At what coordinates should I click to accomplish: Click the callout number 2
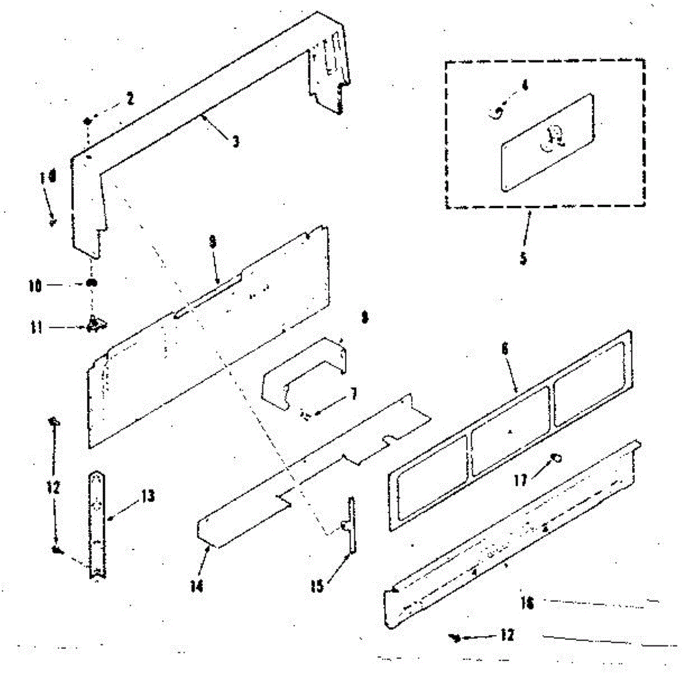[130, 99]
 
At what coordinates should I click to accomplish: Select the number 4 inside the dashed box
[525, 86]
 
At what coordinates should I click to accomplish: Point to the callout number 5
[523, 258]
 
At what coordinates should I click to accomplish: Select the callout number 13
[147, 496]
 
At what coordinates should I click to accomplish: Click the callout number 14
[197, 584]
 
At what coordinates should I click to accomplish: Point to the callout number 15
[317, 586]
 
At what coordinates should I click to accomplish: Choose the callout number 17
[520, 480]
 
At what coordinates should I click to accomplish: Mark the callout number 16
[527, 603]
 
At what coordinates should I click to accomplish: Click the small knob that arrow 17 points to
[557, 458]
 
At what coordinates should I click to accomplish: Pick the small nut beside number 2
[88, 120]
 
